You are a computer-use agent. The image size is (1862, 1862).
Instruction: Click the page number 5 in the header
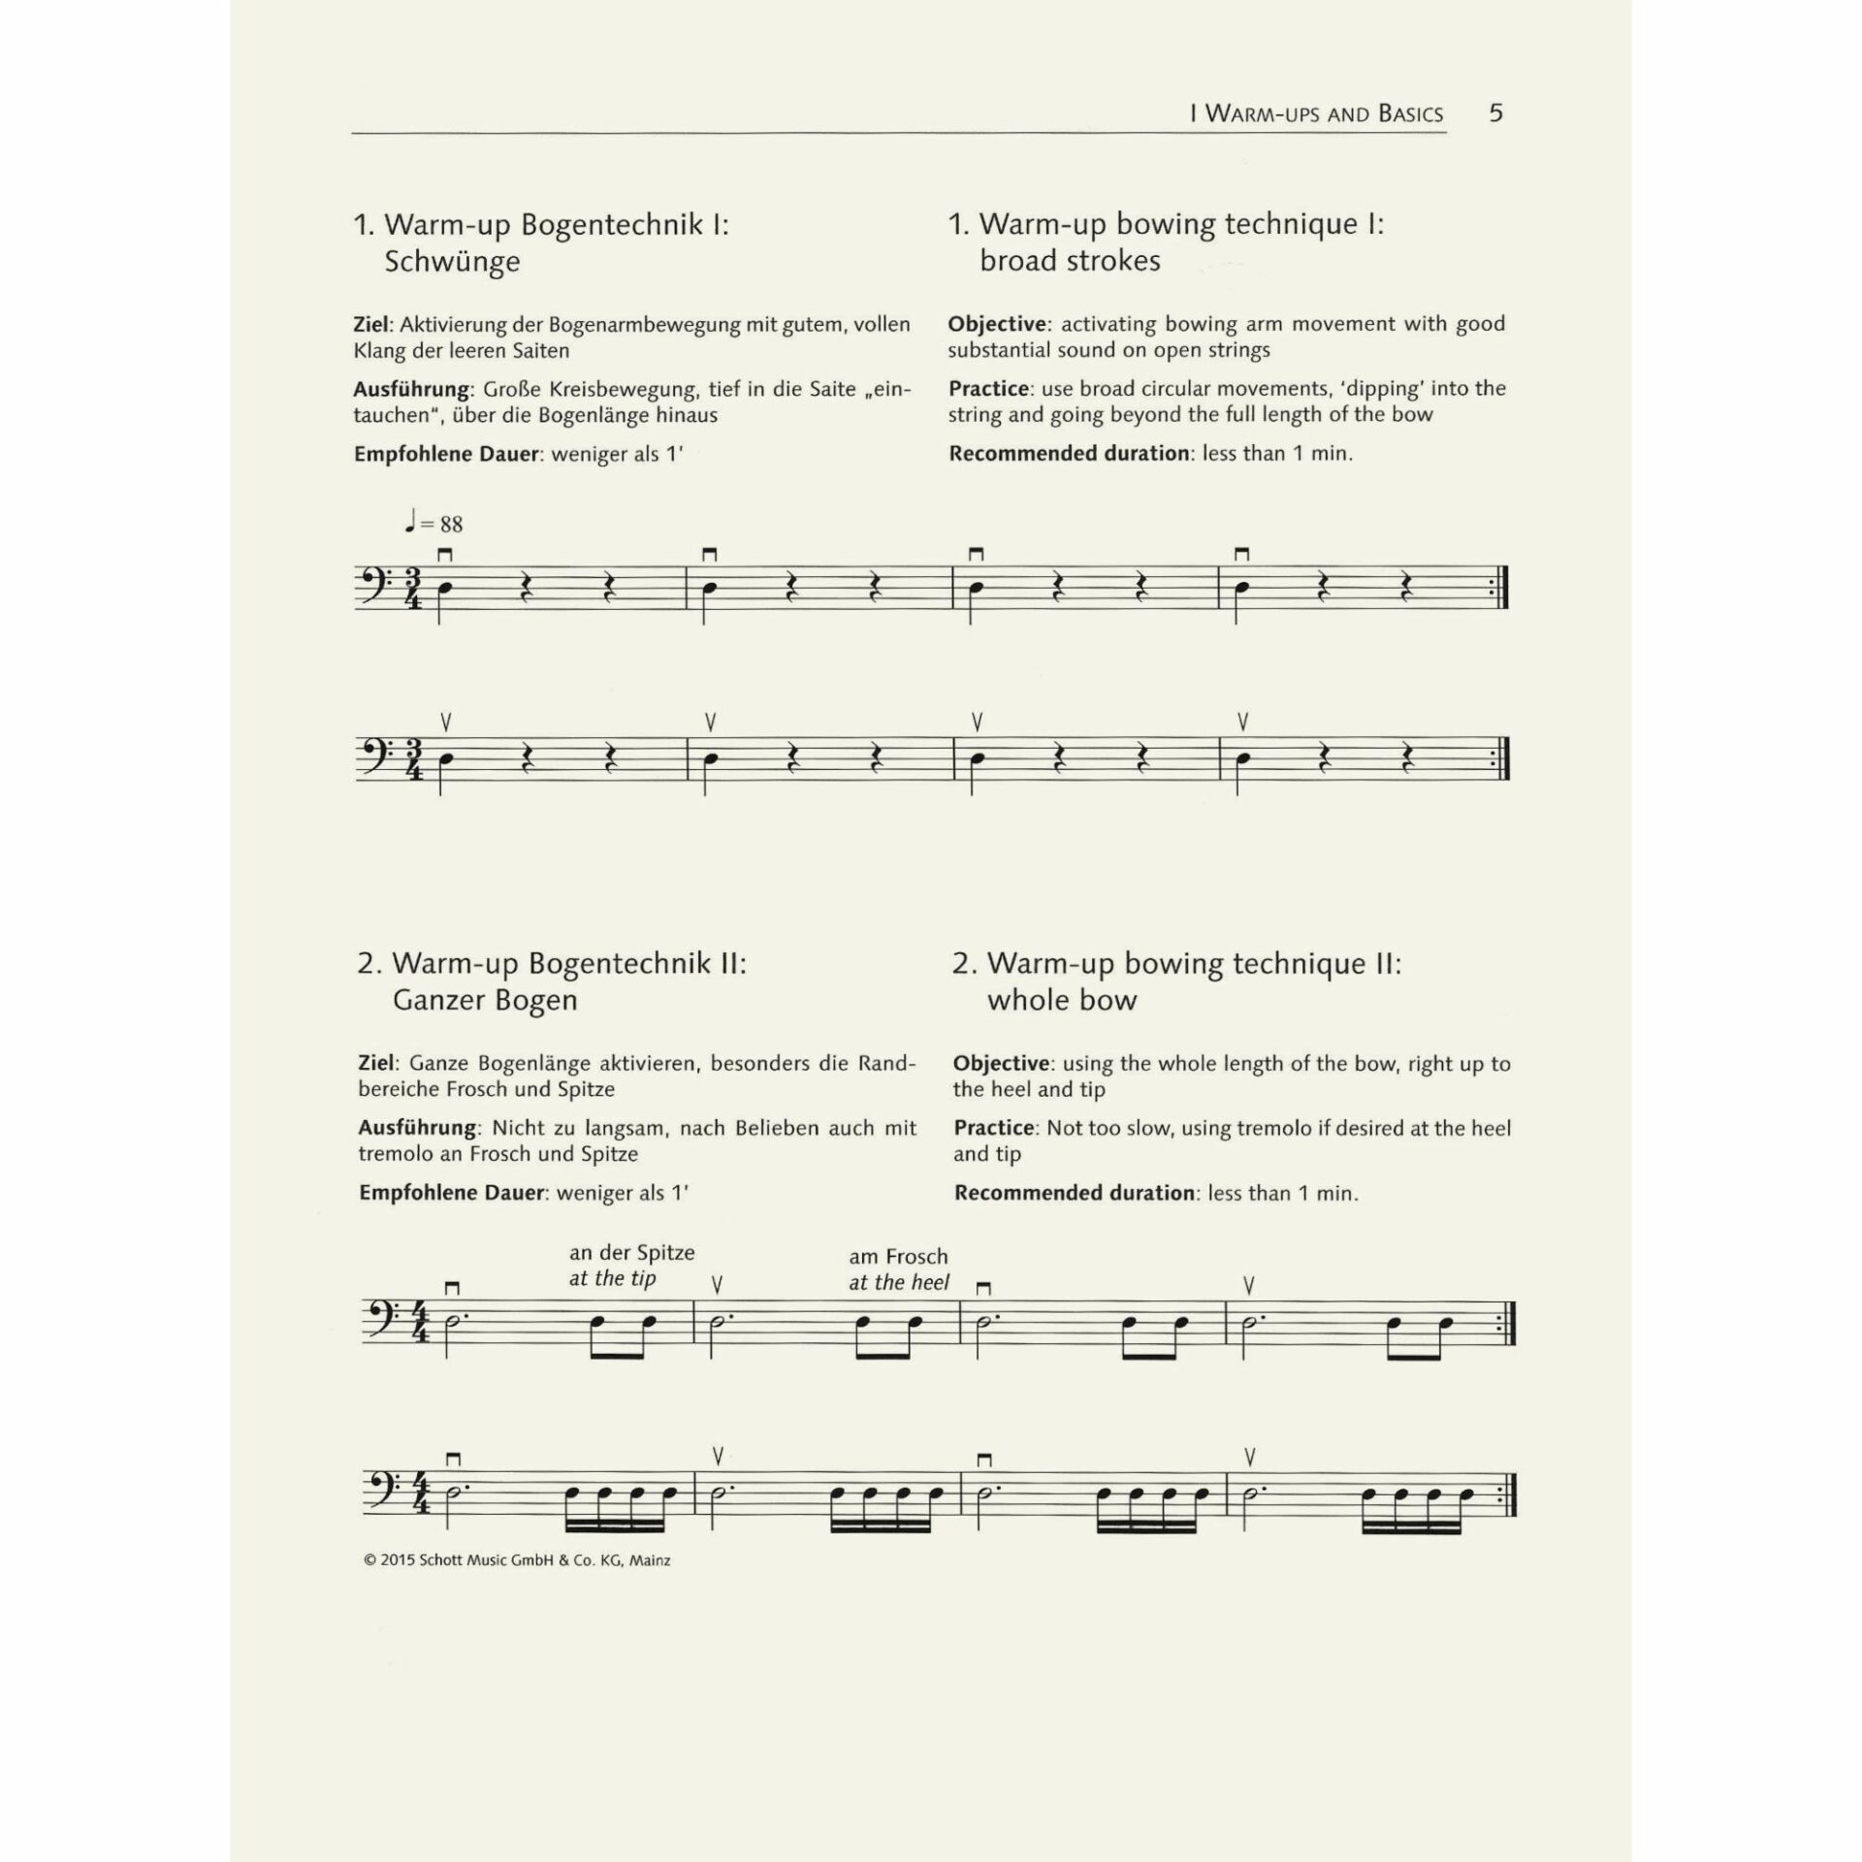tap(1495, 113)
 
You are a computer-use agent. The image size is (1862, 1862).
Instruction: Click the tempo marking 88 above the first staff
tap(451, 525)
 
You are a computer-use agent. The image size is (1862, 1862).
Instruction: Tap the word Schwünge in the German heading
tap(452, 262)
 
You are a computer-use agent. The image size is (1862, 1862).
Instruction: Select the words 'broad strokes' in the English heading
tap(1070, 261)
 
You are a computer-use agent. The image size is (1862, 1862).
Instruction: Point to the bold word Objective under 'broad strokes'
tap(997, 324)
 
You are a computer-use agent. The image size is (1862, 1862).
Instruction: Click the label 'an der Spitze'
tap(631, 1252)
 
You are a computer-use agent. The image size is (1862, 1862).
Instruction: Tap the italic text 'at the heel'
tap(899, 1282)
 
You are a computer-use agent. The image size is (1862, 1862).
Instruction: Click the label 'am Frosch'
tap(898, 1256)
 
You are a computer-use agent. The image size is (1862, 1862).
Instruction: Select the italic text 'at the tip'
tap(612, 1278)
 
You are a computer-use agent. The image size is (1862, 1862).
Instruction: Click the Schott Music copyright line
tap(517, 1560)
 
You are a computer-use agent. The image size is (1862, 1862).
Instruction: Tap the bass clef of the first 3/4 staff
tap(375, 587)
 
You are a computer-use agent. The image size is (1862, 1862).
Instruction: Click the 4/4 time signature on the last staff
tap(420, 1492)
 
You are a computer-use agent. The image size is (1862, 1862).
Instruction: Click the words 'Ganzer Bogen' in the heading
tap(484, 1000)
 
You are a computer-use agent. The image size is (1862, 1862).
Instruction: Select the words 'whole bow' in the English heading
tap(1062, 1000)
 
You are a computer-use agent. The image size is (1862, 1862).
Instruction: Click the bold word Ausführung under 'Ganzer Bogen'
tap(417, 1128)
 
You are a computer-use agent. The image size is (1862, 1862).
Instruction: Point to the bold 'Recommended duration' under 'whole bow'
tap(1074, 1193)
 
